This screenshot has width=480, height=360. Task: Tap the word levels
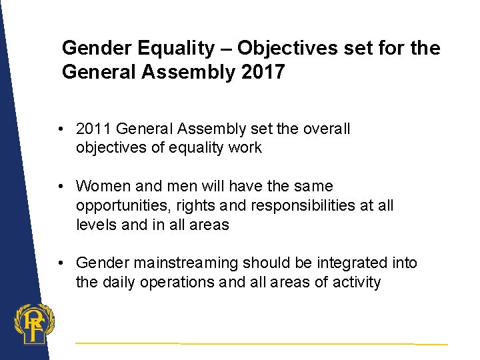click(x=96, y=225)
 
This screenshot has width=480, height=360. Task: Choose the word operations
click(x=179, y=282)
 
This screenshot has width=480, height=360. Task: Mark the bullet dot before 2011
click(x=61, y=129)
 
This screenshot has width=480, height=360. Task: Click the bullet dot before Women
click(x=61, y=187)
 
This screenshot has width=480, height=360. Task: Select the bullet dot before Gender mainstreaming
click(x=61, y=263)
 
